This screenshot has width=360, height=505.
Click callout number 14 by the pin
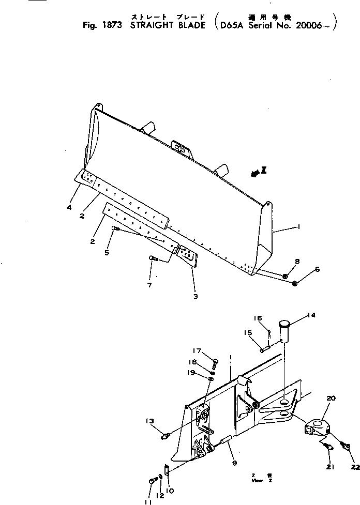click(311, 315)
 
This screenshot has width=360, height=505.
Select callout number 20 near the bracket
click(331, 398)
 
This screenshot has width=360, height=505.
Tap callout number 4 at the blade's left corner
click(69, 208)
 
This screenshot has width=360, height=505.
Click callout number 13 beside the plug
click(149, 421)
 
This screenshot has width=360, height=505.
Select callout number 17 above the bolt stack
click(198, 350)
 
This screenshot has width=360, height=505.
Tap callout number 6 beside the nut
click(317, 269)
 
